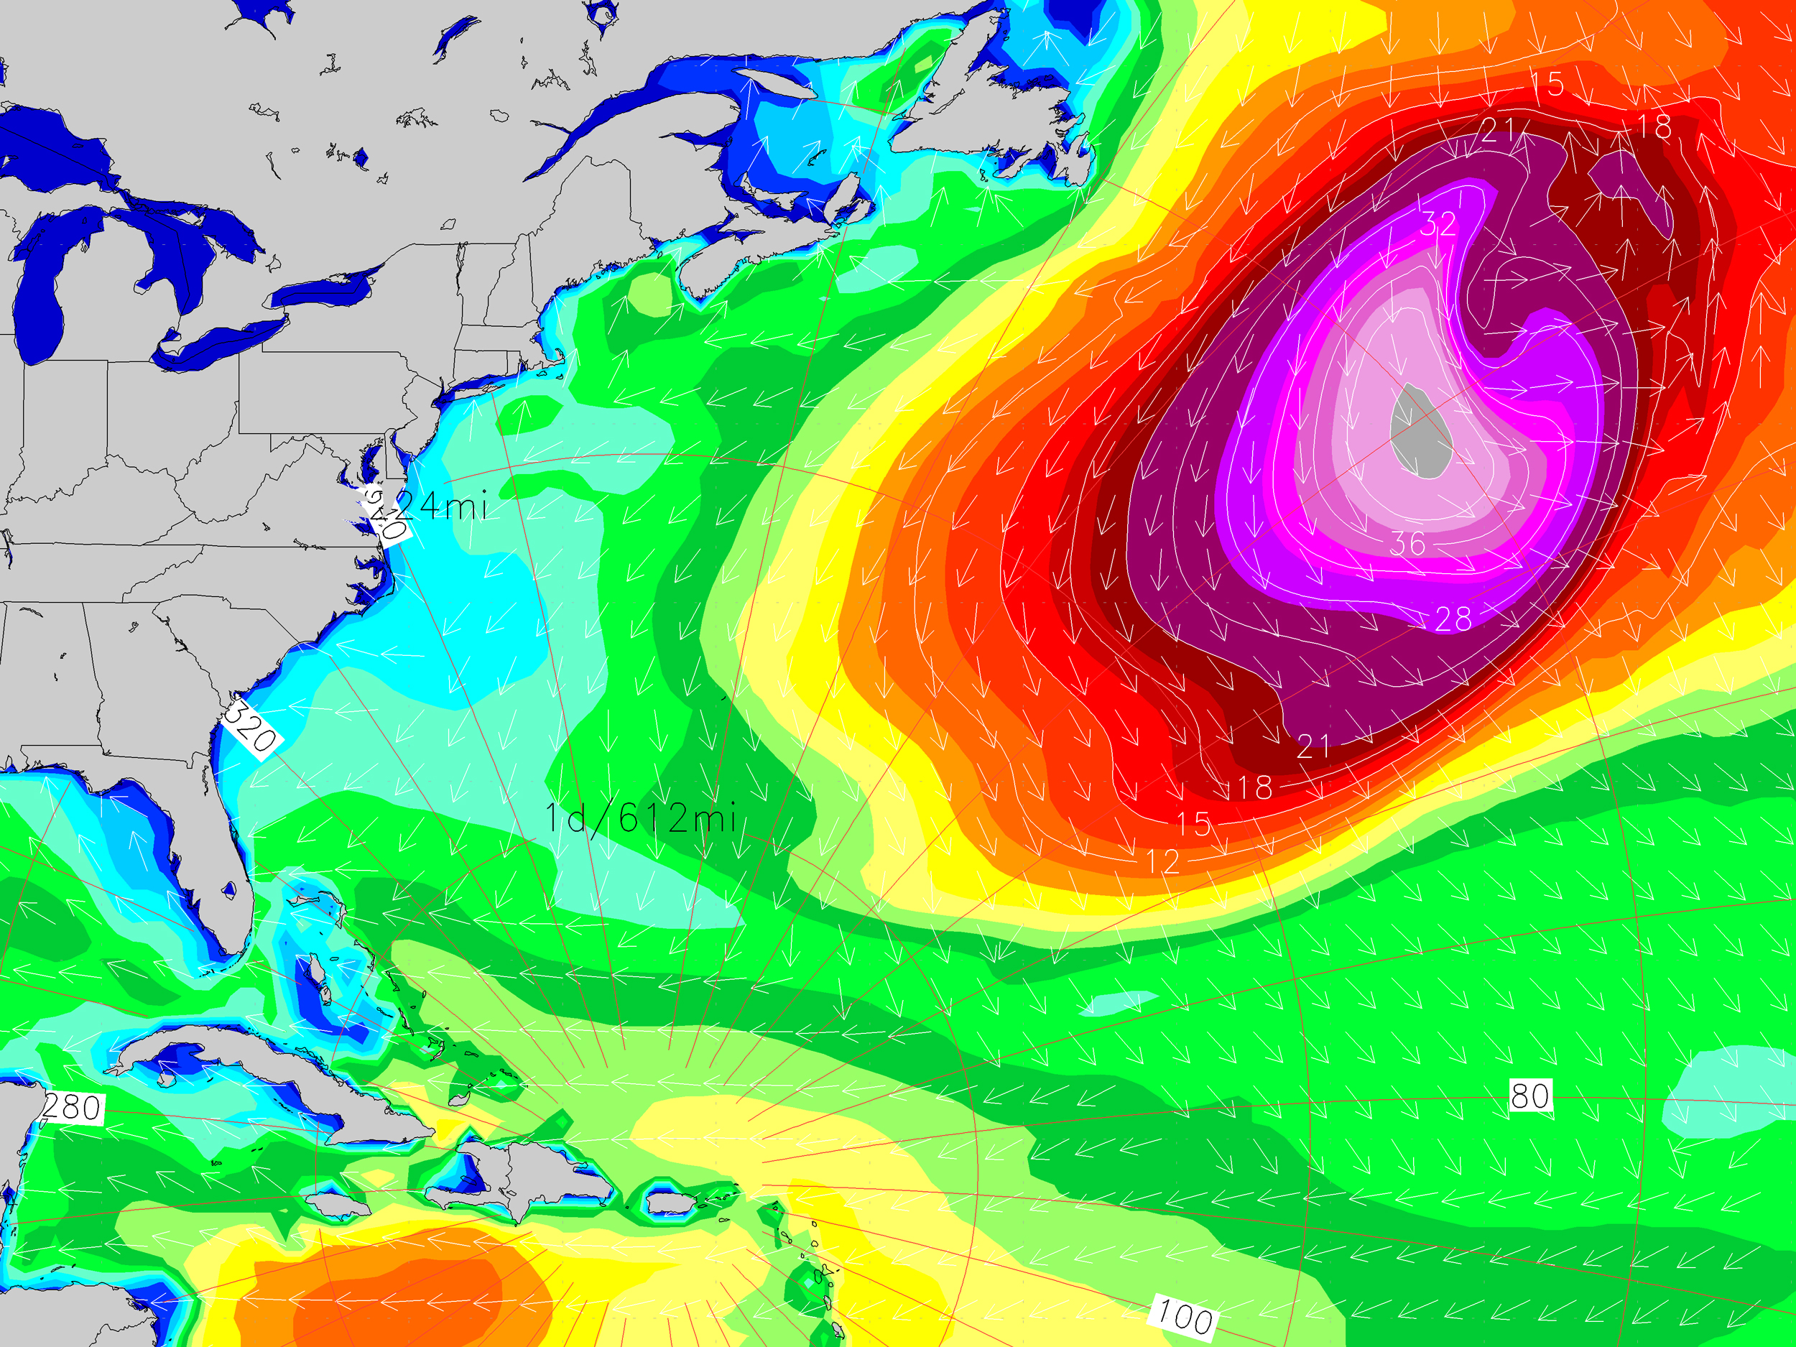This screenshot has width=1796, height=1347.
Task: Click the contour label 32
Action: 1438,224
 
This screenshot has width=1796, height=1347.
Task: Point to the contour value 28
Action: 1453,619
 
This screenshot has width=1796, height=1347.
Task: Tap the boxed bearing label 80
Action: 1529,1096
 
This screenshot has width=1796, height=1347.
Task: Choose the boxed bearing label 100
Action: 1185,1315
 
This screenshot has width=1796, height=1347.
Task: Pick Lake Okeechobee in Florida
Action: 230,890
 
